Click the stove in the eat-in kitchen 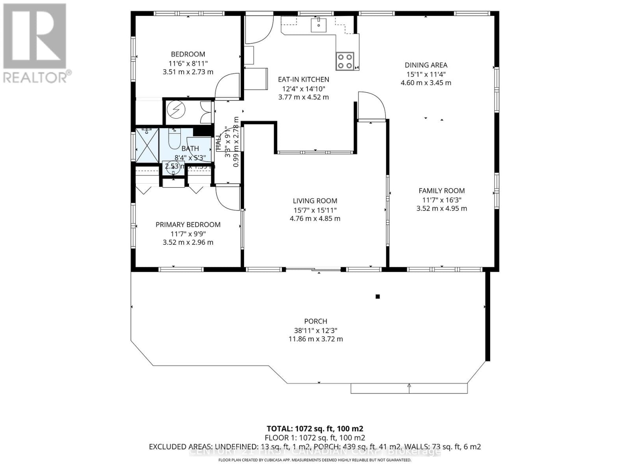tap(345, 61)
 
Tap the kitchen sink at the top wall tap(318, 25)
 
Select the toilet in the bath tap(174, 139)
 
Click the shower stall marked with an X tap(146, 145)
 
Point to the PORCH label tap(315, 321)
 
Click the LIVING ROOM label tap(315, 201)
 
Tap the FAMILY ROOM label tap(441, 191)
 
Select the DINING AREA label tap(426, 65)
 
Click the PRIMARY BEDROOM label tap(188, 225)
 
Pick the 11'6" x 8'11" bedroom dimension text tap(188, 63)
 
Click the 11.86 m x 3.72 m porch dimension tap(315, 339)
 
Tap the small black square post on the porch tap(377, 296)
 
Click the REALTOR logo tap(35, 43)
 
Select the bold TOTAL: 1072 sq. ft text tap(315, 429)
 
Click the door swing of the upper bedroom tap(228, 86)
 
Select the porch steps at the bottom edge tap(409, 388)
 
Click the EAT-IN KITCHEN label tap(303, 79)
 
